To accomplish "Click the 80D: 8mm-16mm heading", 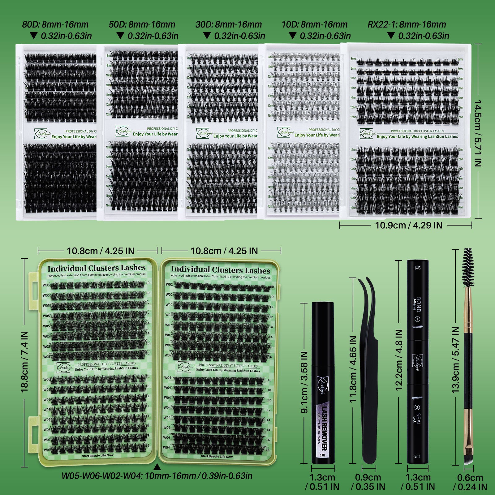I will pyautogui.click(x=55, y=24).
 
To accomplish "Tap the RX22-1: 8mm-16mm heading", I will pyautogui.click(x=407, y=24).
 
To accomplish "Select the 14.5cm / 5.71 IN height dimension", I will pyautogui.click(x=478, y=133).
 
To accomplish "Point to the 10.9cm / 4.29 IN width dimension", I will pyautogui.click(x=408, y=225).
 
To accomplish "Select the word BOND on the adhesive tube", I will pyautogui.click(x=419, y=304).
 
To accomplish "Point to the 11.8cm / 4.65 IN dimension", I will pyautogui.click(x=353, y=369).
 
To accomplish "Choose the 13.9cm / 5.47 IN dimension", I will pyautogui.click(x=455, y=359).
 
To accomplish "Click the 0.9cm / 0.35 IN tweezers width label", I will pyautogui.click(x=368, y=482).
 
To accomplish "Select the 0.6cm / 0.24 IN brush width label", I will pyautogui.click(x=470, y=482).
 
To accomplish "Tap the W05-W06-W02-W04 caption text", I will pyautogui.click(x=157, y=476).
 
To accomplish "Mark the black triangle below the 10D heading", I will pyautogui.click(x=292, y=36).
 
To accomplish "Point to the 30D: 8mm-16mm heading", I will pyautogui.click(x=229, y=24).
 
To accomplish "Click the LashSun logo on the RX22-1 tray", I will pyautogui.click(x=368, y=133).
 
